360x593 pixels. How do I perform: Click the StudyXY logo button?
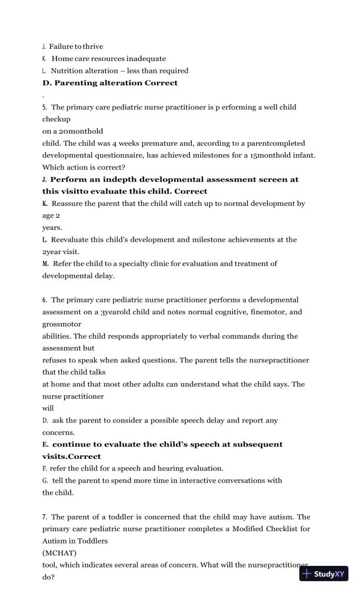(x=324, y=574)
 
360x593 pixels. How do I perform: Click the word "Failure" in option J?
(x=61, y=46)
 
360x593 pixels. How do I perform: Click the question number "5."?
(x=45, y=107)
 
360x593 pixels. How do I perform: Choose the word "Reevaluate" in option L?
(x=74, y=239)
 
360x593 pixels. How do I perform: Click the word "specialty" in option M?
(x=157, y=264)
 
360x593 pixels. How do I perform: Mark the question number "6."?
(x=45, y=299)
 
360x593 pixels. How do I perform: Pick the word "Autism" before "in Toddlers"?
(x=55, y=541)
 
